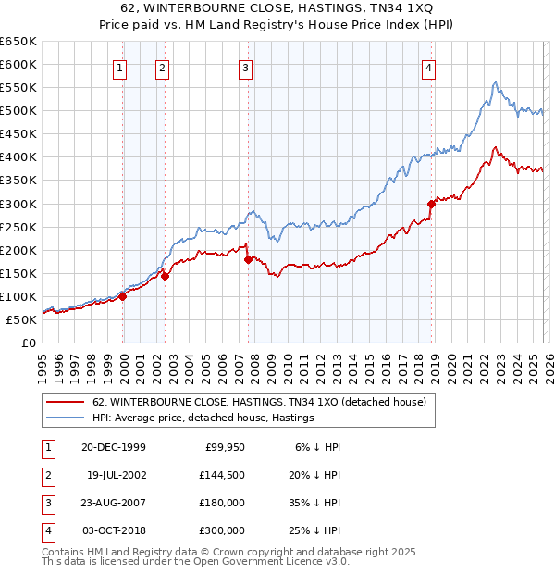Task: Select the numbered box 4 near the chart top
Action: (430, 67)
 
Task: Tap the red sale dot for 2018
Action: (431, 204)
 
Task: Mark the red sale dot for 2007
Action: (249, 259)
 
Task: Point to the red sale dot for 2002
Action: (165, 275)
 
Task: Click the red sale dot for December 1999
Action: (123, 296)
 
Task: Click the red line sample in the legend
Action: (66, 402)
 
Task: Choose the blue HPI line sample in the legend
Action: (66, 418)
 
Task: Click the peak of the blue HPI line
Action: (495, 82)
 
